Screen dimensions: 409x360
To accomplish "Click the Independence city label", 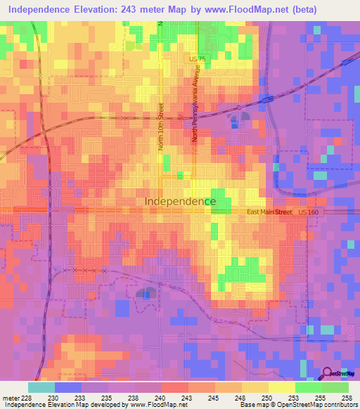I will point(180,201).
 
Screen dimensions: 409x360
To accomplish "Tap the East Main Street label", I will point(269,212).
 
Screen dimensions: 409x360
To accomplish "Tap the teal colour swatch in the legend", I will point(41,387).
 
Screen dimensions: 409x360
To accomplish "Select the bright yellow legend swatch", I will point(281,387).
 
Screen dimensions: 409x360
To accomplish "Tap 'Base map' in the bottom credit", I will point(253,405).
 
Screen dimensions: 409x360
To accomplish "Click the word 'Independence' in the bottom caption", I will point(22,405).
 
